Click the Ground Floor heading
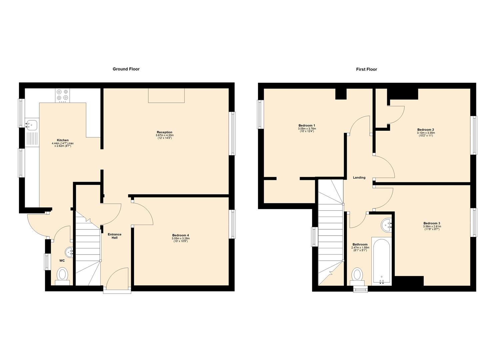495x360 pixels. (x=126, y=69)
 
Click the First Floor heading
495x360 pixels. (x=366, y=69)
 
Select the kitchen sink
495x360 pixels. (x=32, y=125)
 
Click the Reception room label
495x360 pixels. (x=164, y=132)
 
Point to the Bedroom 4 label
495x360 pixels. (x=180, y=235)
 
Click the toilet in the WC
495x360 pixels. (x=62, y=275)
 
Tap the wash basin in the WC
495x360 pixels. (x=69, y=252)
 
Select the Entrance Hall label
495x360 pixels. (x=114, y=236)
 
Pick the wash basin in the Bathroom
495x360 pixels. (x=386, y=225)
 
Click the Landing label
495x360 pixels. (x=359, y=178)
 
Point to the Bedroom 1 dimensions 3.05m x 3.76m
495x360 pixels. (x=307, y=129)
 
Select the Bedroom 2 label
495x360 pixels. (x=425, y=130)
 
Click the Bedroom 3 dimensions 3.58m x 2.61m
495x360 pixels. (x=432, y=227)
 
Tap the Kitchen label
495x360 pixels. (x=63, y=140)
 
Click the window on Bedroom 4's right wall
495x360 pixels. (x=232, y=224)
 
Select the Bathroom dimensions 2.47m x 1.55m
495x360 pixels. (x=360, y=248)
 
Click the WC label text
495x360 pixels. (x=62, y=261)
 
